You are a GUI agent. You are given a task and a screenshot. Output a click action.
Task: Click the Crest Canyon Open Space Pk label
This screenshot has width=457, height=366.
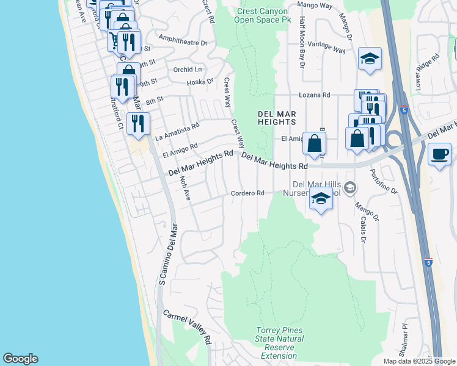(x=262, y=15)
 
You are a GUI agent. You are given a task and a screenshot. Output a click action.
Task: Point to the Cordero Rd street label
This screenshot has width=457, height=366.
(x=247, y=193)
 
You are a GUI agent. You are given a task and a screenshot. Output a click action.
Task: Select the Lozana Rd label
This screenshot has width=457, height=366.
(x=314, y=95)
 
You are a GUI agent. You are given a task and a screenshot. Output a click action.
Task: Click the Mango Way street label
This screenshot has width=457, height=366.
(x=314, y=5)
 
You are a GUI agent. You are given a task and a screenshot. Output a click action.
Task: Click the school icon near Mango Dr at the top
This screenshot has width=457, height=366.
(x=370, y=59)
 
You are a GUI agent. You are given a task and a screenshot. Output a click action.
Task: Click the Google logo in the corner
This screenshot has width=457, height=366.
(x=20, y=359)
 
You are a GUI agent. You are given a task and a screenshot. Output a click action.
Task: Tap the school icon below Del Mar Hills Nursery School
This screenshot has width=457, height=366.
(x=321, y=198)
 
